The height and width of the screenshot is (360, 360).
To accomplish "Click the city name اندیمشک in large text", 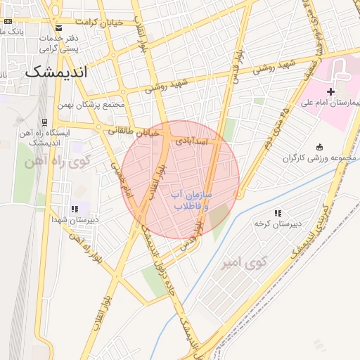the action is (x=56, y=72).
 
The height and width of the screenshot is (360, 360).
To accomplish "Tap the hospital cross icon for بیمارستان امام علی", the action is (x=330, y=92).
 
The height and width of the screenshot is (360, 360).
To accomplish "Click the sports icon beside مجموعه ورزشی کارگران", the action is (x=320, y=147).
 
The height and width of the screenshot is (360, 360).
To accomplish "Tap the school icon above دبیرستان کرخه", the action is (x=278, y=212).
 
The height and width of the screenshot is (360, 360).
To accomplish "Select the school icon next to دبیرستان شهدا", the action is (x=74, y=209).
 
